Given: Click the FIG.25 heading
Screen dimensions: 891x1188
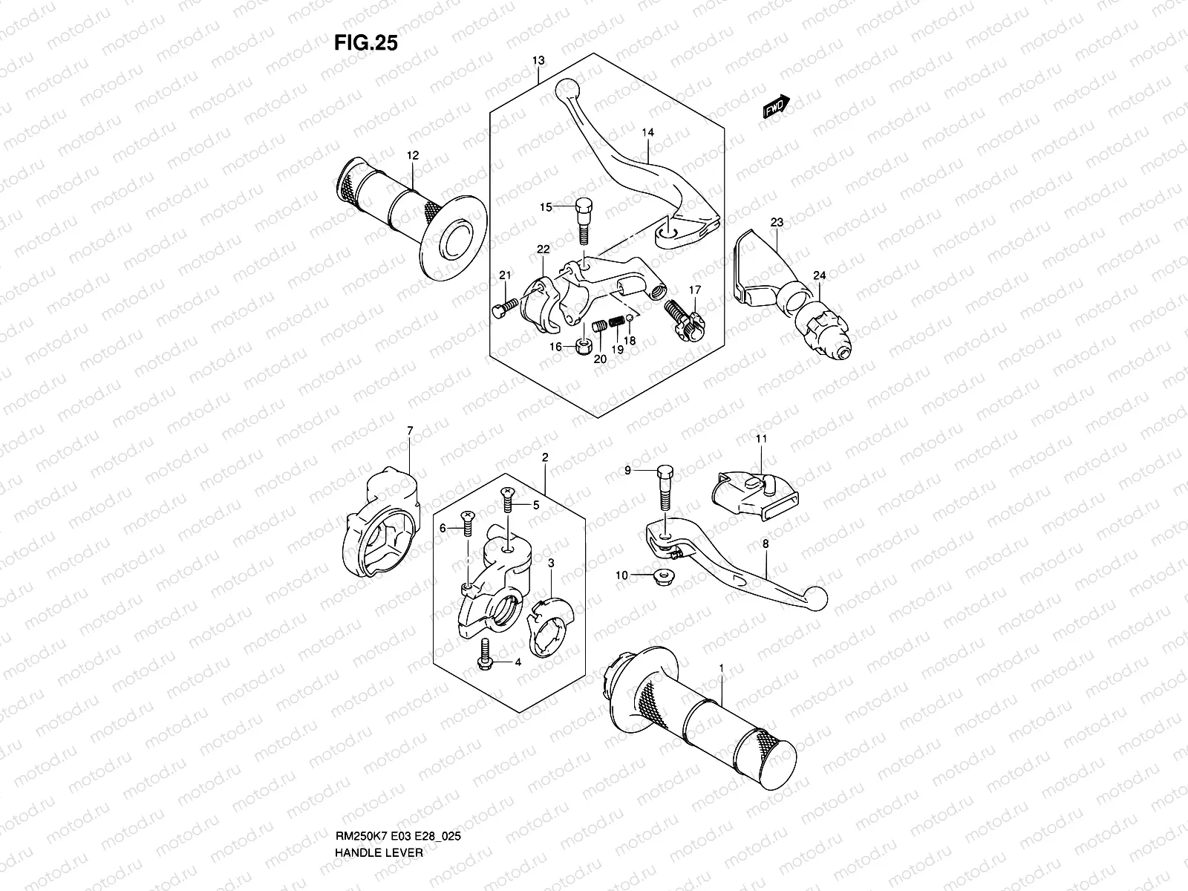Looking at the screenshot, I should click(366, 43).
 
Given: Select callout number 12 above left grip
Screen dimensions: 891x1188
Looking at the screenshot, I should click(412, 156).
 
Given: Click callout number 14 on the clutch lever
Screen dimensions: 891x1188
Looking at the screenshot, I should click(648, 133).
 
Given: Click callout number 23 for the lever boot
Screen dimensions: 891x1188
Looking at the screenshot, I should click(777, 222).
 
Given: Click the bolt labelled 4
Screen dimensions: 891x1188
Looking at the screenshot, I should click(486, 653).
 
